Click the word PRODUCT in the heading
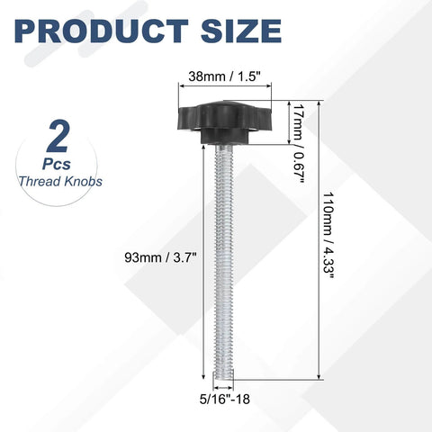pyautogui.click(x=102, y=31)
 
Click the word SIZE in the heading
pyautogui.click(x=241, y=31)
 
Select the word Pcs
pyautogui.click(x=57, y=164)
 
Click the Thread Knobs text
pyautogui.click(x=60, y=182)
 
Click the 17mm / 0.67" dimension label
pyautogui.click(x=299, y=143)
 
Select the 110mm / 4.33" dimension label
pyautogui.click(x=328, y=236)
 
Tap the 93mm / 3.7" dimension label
pyautogui.click(x=160, y=257)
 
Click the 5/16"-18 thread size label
pyautogui.click(x=225, y=399)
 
